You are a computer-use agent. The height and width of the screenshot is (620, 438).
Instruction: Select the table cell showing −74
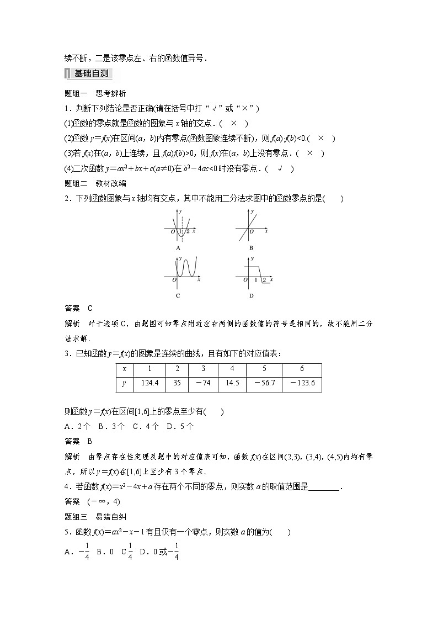pos(203,384)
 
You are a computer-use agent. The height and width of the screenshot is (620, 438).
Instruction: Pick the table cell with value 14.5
pos(232,384)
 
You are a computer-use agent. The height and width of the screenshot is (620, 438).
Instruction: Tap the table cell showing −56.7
pos(264,384)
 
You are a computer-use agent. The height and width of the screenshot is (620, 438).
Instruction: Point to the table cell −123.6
pos(301,384)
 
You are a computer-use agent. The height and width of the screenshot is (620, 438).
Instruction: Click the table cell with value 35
pos(177,384)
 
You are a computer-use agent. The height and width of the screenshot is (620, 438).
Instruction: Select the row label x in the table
pos(125,369)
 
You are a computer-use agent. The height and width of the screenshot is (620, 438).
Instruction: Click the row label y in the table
pos(125,384)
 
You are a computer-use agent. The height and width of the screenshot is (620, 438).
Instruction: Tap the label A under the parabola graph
pos(178,248)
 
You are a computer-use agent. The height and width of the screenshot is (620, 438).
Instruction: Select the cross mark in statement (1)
pos(234,124)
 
